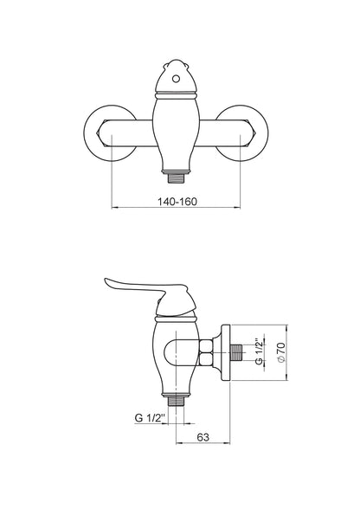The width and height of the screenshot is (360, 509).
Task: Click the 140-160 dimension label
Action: click(177, 202)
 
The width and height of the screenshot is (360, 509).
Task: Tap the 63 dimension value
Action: click(202, 437)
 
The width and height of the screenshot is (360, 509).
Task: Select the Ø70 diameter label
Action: click(280, 352)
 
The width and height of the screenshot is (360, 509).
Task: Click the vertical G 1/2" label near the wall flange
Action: click(259, 351)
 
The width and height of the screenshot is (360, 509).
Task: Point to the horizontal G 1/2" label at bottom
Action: click(151, 418)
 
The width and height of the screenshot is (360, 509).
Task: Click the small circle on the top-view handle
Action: click(176, 79)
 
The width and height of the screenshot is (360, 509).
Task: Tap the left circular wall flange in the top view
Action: click(110, 133)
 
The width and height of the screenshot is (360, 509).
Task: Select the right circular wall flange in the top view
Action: click(241, 133)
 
